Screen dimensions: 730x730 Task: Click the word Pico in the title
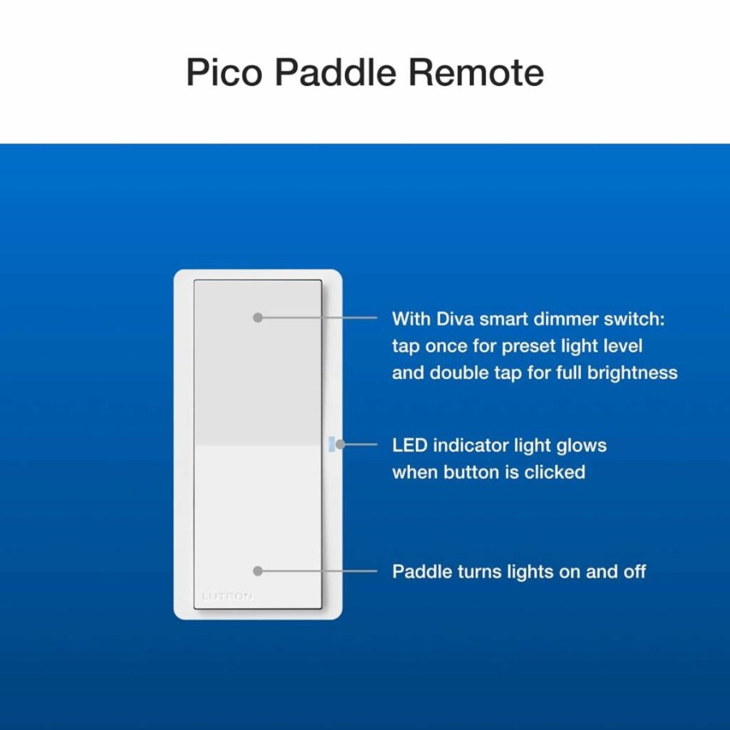pyautogui.click(x=224, y=73)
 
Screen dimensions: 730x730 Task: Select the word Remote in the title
pyautogui.click(x=476, y=72)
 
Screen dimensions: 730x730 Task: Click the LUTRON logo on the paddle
pyautogui.click(x=227, y=596)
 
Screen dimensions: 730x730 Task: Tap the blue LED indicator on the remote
pyautogui.click(x=331, y=444)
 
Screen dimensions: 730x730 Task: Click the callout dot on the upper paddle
pyautogui.click(x=258, y=318)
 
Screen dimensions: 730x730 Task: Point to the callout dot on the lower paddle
pyautogui.click(x=258, y=570)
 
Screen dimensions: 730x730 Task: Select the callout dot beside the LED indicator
pyautogui.click(x=340, y=445)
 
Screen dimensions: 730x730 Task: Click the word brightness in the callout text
pyautogui.click(x=632, y=373)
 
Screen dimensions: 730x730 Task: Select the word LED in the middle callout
pyautogui.click(x=410, y=446)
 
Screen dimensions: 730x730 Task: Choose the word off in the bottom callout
pyautogui.click(x=635, y=571)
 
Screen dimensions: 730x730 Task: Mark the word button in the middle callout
pyautogui.click(x=472, y=472)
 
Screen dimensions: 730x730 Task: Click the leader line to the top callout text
pyautogui.click(x=318, y=318)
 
